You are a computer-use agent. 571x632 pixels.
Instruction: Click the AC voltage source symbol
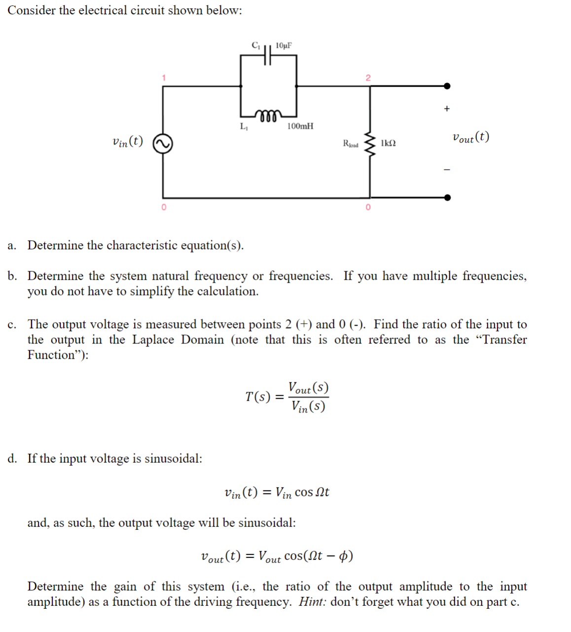[x=163, y=144]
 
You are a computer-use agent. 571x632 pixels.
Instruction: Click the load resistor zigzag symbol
[x=369, y=144]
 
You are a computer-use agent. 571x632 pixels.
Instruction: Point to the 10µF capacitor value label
[x=284, y=45]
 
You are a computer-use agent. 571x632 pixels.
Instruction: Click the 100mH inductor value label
[x=300, y=126]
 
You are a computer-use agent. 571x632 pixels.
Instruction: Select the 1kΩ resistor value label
[x=388, y=143]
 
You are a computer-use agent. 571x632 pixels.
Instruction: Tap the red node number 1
[x=164, y=77]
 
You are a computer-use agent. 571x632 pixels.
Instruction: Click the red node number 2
[x=368, y=77]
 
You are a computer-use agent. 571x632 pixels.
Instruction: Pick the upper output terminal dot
[x=447, y=86]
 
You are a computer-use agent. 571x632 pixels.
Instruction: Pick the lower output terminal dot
[x=447, y=198]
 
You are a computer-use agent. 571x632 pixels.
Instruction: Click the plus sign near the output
[x=446, y=109]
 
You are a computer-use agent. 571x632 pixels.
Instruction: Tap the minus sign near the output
[x=447, y=170]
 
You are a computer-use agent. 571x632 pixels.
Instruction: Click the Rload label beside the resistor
[x=351, y=144]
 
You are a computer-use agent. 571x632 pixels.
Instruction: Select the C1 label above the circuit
[x=255, y=45]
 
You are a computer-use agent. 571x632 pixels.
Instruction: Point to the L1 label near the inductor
[x=244, y=126]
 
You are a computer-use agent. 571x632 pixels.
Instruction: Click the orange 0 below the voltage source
[x=164, y=208]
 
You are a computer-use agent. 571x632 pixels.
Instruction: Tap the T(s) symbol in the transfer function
[x=258, y=397]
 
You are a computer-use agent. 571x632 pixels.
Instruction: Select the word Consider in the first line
[x=32, y=10]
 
